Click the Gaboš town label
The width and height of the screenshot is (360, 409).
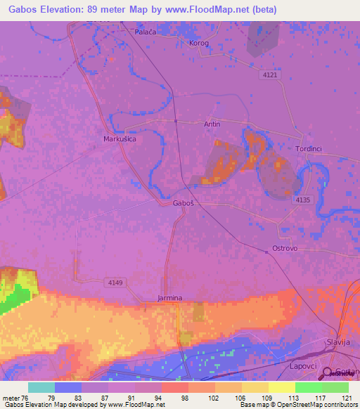[x=183, y=203]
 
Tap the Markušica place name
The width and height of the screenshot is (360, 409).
[x=119, y=140]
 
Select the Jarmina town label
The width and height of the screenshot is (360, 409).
[x=170, y=298]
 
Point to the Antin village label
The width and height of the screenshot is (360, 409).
[x=212, y=124]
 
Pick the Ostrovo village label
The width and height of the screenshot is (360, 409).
[x=285, y=249]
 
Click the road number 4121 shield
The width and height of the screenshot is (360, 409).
[x=269, y=74]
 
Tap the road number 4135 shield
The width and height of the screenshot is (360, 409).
[x=303, y=200]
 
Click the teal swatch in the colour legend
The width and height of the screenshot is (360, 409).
[x=41, y=387]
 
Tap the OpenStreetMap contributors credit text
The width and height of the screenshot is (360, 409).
[x=312, y=405]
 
